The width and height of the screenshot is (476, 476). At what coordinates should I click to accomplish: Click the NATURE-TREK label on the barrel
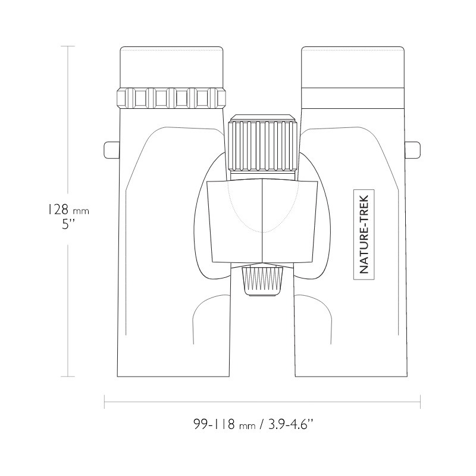pyautogui.click(x=364, y=234)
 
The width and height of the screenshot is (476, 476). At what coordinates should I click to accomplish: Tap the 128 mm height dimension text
pyautogui.click(x=67, y=209)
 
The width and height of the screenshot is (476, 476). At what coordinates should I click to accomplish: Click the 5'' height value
pyautogui.click(x=68, y=225)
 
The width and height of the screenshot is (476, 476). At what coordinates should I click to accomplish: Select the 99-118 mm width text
pyautogui.click(x=225, y=424)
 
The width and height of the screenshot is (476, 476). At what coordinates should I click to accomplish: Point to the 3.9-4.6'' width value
pyautogui.click(x=290, y=424)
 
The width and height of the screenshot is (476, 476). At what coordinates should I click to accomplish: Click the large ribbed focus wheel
pyautogui.click(x=263, y=145)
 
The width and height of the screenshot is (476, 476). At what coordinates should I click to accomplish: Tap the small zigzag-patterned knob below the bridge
pyautogui.click(x=262, y=280)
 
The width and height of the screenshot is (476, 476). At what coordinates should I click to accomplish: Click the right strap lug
pyautogui.click(x=413, y=150)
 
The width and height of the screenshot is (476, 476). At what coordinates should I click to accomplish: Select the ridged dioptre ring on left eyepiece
pyautogui.click(x=171, y=98)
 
